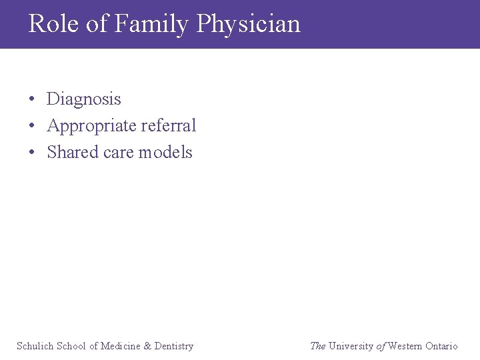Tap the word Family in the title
(x=151, y=24)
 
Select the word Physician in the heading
(x=249, y=24)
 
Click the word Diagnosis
(x=84, y=99)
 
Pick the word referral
(x=169, y=125)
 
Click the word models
(x=165, y=152)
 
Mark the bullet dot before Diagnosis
(x=32, y=100)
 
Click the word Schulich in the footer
(x=35, y=346)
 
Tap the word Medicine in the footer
(x=121, y=346)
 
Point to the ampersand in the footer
(x=148, y=346)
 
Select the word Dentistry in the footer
(x=174, y=346)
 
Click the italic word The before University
(x=318, y=346)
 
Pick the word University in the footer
(x=351, y=346)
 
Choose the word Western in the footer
(x=405, y=346)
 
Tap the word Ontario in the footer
(x=441, y=346)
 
